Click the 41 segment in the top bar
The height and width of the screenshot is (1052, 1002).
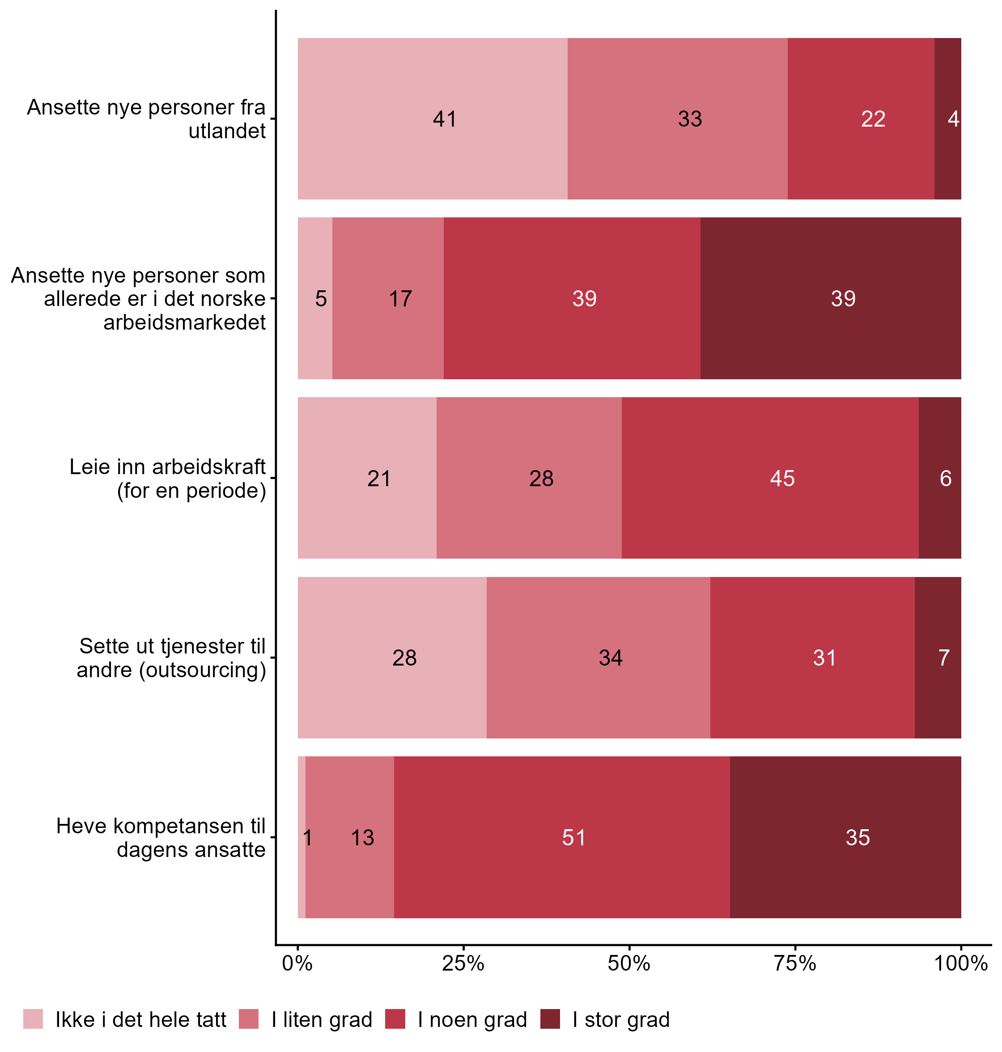433,119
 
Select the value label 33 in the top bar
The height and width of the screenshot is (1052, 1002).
689,119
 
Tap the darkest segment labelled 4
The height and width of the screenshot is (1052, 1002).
947,119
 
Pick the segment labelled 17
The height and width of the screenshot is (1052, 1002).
388,298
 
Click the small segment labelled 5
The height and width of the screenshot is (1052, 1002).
315,298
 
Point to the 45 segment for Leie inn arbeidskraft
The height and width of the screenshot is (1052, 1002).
770,478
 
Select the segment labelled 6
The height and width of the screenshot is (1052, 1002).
940,478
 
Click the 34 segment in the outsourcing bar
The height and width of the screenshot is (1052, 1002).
598,658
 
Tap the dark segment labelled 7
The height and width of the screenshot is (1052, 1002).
938,658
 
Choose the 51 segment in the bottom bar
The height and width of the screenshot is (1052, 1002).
562,837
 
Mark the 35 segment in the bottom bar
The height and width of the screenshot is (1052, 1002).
845,837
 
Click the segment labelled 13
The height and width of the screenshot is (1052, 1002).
350,837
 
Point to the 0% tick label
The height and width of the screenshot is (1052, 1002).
297,964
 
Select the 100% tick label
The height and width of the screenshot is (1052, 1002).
960,964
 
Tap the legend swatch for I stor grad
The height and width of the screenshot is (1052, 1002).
550,1019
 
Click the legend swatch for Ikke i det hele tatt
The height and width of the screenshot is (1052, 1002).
33,1019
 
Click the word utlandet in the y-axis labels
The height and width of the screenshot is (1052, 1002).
227,131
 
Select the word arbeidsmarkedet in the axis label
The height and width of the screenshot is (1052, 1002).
184,322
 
